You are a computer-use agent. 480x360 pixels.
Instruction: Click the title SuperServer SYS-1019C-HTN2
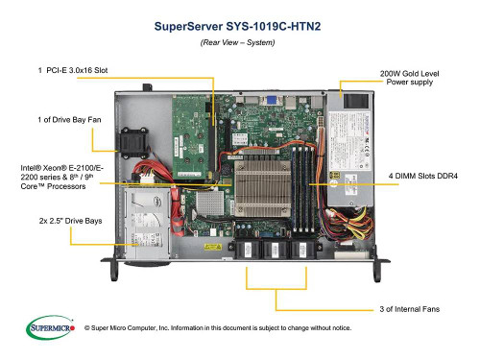(x=239, y=28)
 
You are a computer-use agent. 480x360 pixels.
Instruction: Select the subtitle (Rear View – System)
(x=239, y=45)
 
